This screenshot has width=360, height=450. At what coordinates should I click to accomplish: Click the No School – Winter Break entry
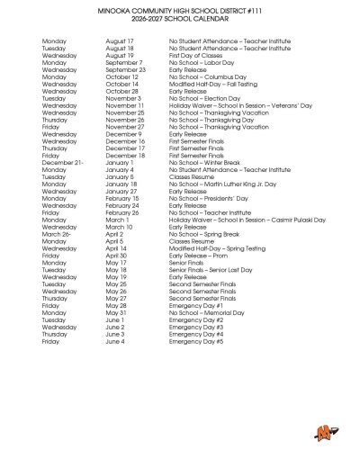[x=202, y=162]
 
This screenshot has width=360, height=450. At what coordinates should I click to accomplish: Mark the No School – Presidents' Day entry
[x=205, y=198]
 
